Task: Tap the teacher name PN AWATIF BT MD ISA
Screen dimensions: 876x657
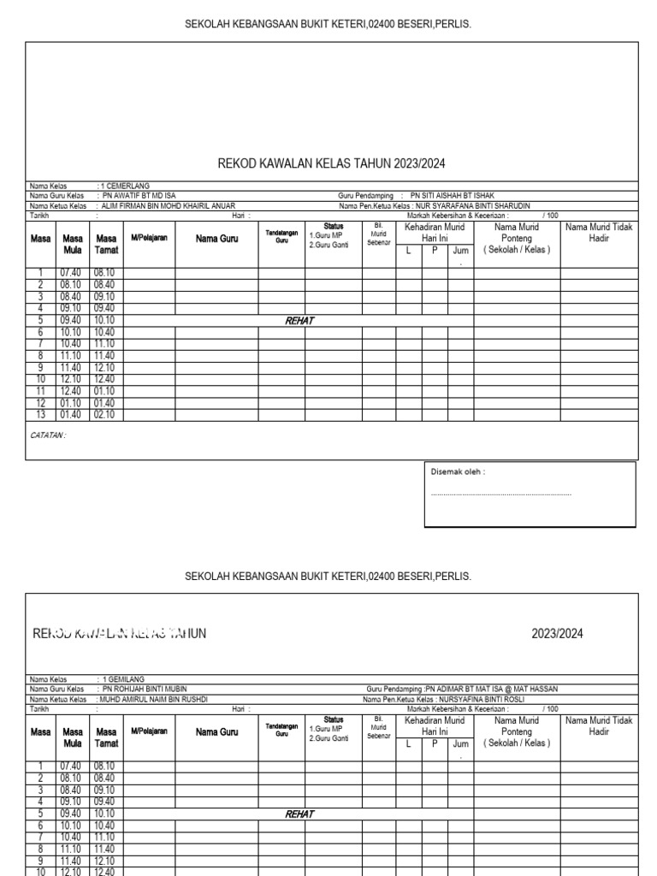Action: click(139, 196)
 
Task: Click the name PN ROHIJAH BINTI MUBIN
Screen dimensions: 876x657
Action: click(143, 689)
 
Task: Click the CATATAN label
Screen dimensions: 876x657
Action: click(48, 435)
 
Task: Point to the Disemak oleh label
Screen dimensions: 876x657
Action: click(458, 471)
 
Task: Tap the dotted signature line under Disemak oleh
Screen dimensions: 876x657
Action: click(500, 494)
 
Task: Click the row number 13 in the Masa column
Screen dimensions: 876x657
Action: click(39, 415)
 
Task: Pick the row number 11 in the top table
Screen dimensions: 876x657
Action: click(39, 391)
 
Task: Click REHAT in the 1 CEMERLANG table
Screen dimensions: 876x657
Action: click(299, 321)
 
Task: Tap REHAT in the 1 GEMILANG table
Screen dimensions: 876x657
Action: click(299, 814)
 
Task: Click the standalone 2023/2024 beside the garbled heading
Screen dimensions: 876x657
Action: click(558, 634)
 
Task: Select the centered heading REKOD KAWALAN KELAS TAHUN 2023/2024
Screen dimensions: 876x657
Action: click(332, 163)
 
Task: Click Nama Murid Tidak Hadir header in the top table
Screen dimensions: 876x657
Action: click(599, 234)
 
